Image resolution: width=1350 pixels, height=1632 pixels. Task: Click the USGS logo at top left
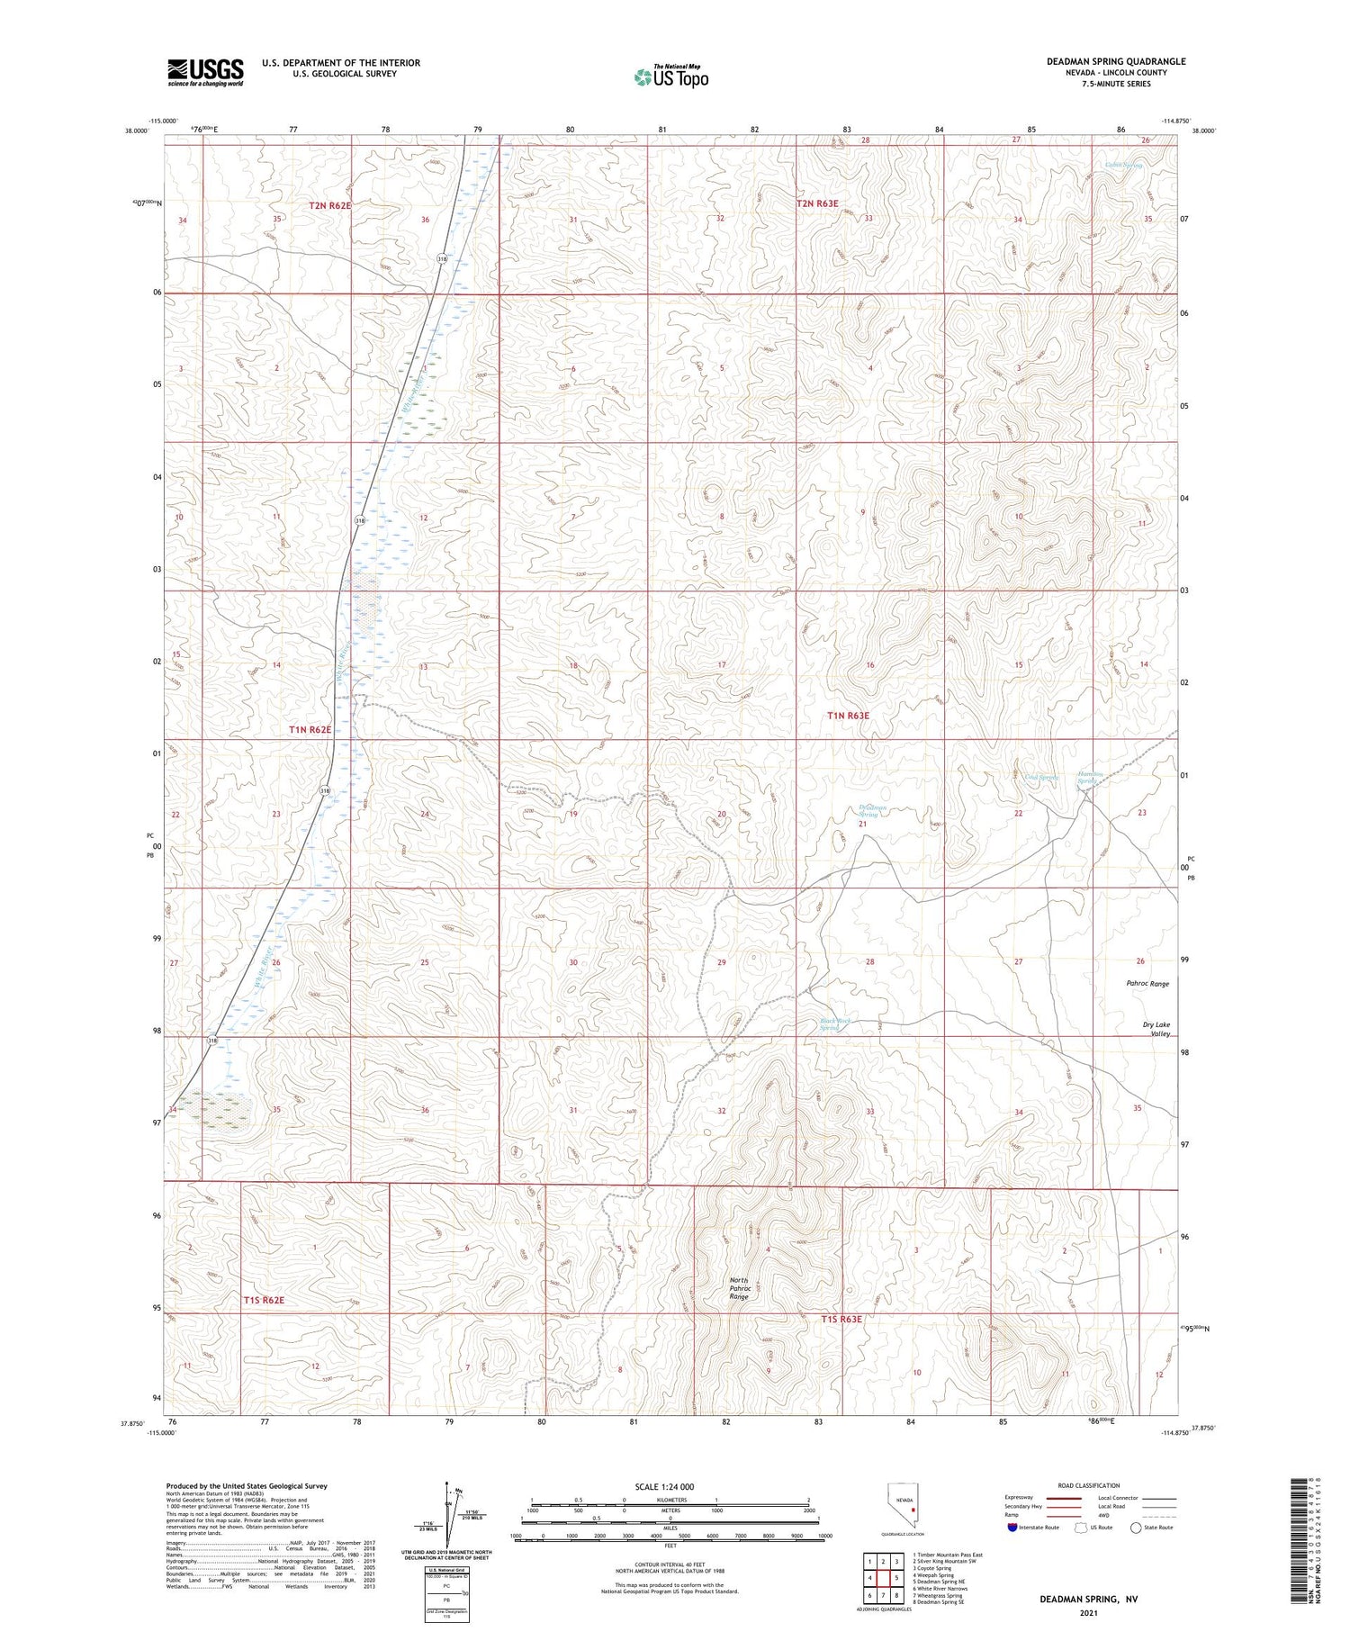tap(205, 72)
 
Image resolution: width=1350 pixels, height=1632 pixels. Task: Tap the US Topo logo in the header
tap(670, 77)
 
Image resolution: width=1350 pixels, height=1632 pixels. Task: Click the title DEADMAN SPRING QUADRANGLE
tap(1115, 61)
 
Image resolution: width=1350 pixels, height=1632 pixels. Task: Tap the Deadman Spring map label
tap(871, 811)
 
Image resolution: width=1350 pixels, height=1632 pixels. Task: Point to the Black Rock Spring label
tap(834, 1024)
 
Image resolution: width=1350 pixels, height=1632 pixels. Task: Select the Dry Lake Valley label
tap(1156, 1029)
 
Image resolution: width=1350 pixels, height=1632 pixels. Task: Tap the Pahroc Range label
tap(1147, 984)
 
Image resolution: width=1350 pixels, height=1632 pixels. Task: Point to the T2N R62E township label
tap(329, 205)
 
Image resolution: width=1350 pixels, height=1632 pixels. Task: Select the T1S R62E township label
tap(263, 1300)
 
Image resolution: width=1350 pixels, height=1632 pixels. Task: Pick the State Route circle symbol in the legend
tap(1136, 1528)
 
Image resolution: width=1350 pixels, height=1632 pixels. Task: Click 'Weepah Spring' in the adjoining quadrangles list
tap(932, 1574)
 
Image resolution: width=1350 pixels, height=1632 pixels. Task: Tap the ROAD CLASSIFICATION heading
tap(1088, 1485)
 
